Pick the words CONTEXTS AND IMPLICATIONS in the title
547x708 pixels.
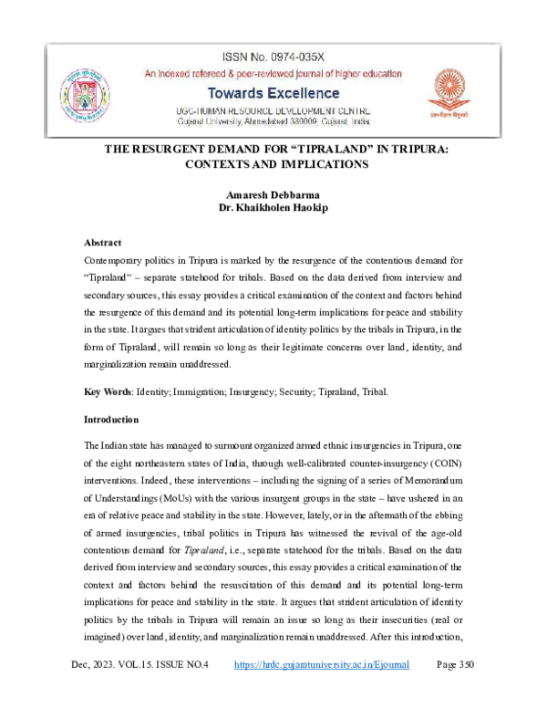pos(274,165)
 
